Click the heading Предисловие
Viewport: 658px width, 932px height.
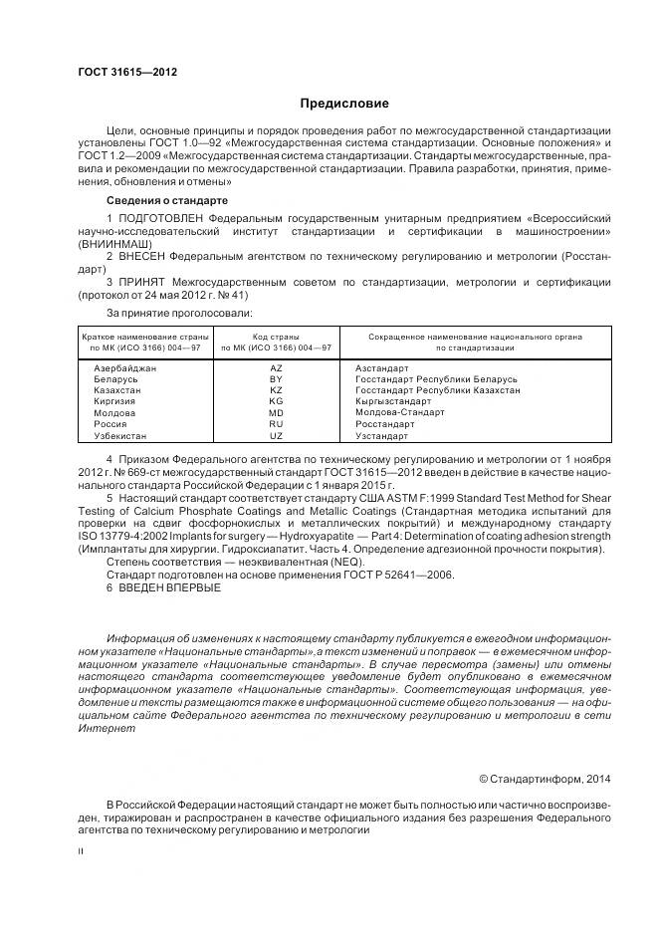coord(344,104)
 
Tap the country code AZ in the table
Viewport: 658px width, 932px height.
coord(276,368)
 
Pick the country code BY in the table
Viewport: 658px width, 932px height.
coord(276,380)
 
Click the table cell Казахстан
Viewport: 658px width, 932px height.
coord(117,391)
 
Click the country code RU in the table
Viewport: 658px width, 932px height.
coord(276,424)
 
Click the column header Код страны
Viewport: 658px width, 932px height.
coord(276,338)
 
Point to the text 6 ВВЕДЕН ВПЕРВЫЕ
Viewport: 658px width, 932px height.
coord(163,587)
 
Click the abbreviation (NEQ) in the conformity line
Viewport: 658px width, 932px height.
coord(313,562)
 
